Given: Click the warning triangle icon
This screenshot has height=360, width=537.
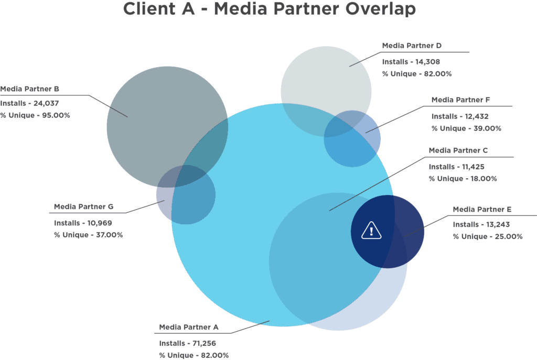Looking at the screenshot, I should pyautogui.click(x=371, y=230).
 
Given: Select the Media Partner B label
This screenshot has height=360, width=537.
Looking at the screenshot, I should pyautogui.click(x=29, y=89).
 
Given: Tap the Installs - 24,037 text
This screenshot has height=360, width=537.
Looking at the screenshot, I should pyautogui.click(x=29, y=103).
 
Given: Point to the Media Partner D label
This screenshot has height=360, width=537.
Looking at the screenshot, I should pyautogui.click(x=412, y=46).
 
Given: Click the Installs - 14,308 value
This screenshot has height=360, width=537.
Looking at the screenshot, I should pyautogui.click(x=411, y=61).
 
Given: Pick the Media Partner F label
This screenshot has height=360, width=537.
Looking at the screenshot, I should pyautogui.click(x=460, y=100).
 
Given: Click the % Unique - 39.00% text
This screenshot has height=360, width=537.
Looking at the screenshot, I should pyautogui.click(x=466, y=128).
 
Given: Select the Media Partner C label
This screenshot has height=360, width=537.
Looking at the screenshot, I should pyautogui.click(x=458, y=150).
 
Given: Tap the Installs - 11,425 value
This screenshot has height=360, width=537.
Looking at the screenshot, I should pyautogui.click(x=456, y=167).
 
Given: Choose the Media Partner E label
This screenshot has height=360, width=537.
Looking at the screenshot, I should pyautogui.click(x=482, y=210).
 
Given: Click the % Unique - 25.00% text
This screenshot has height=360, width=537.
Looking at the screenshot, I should pyautogui.click(x=488, y=237).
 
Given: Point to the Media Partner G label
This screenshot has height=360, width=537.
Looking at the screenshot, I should pyautogui.click(x=84, y=207).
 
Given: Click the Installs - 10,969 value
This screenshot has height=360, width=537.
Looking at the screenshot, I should pyautogui.click(x=82, y=223).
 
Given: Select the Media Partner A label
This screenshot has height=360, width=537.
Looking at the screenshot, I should pyautogui.click(x=189, y=328).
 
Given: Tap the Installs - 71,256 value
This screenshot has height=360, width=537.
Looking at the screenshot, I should pyautogui.click(x=188, y=343).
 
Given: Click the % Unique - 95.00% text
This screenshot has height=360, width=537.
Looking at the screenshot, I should pyautogui.click(x=35, y=115).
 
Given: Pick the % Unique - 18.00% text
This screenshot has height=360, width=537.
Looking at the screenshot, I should pyautogui.click(x=463, y=179).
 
